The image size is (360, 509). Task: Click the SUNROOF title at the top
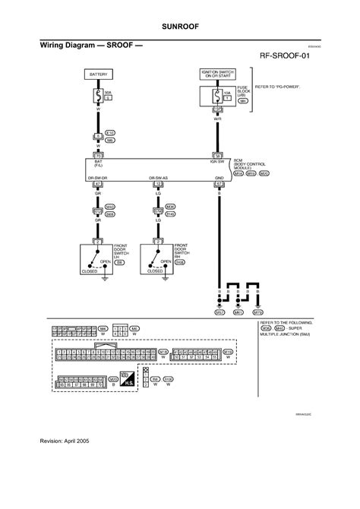(180, 24)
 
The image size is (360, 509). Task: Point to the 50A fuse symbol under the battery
(97, 97)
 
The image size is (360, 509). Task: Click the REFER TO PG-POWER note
(277, 87)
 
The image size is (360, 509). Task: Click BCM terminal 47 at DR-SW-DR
(97, 184)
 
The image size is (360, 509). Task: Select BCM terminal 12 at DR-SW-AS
(157, 184)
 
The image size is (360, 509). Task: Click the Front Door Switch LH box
(98, 259)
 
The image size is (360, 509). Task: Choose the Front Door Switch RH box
(158, 259)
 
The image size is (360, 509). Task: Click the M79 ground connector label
(257, 311)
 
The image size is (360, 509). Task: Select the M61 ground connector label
(238, 311)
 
